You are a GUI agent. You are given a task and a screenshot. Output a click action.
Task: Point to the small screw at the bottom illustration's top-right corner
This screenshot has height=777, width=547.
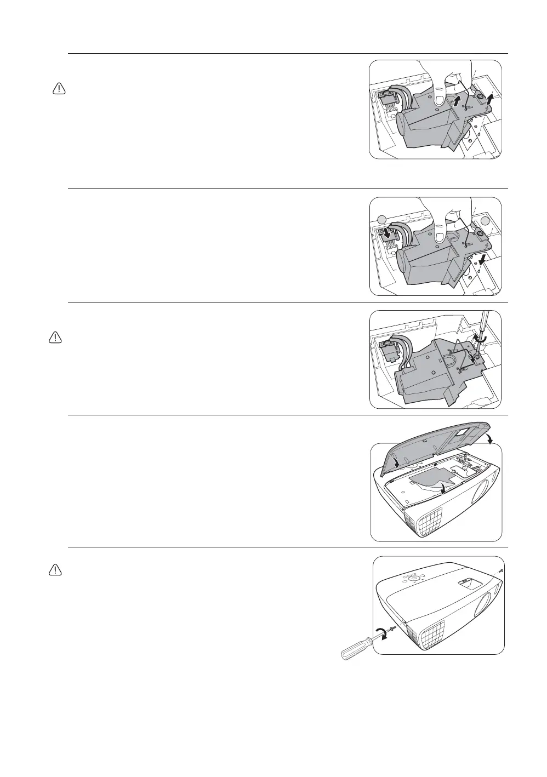(501, 570)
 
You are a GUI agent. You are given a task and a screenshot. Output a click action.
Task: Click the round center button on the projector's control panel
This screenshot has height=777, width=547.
(414, 577)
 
